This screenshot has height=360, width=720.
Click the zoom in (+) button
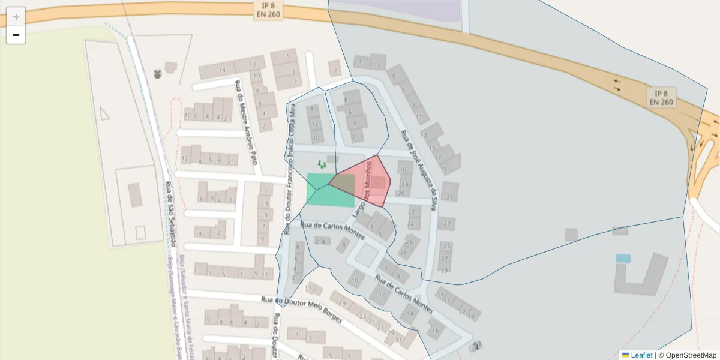click(16, 16)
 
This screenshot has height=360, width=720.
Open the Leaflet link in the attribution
click(641, 355)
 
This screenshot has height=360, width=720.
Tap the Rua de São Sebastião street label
click(170, 214)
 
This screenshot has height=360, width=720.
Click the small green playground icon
click(322, 164)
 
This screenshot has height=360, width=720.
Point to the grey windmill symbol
click(158, 74)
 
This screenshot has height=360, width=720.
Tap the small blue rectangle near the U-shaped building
click(623, 259)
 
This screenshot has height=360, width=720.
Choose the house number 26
click(410, 242)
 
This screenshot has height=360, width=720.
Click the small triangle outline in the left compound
click(104, 113)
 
